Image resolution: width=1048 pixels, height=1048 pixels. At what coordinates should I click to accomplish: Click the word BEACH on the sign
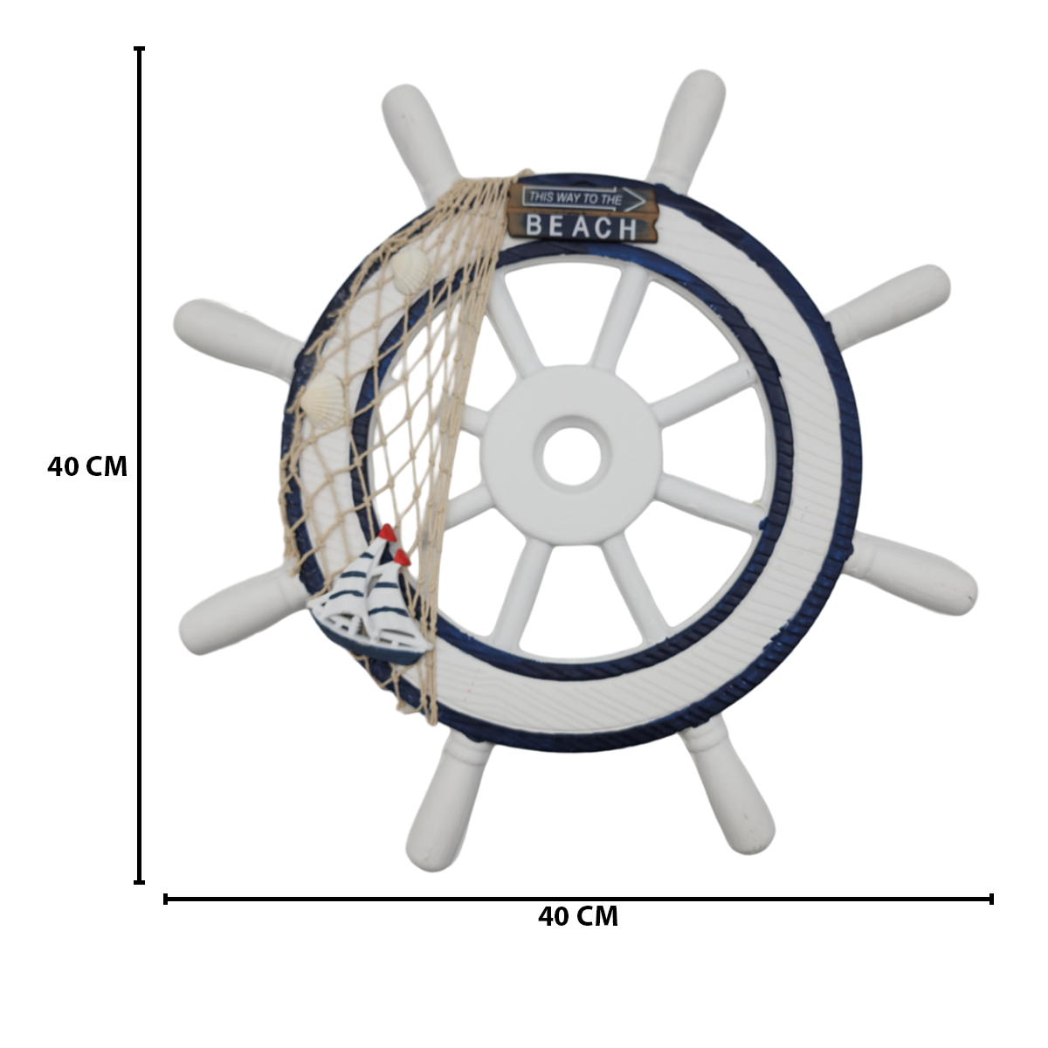click(x=582, y=226)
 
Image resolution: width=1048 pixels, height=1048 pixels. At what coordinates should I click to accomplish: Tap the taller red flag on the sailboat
click(x=388, y=533)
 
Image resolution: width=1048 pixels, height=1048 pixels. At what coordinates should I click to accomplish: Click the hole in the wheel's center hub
click(x=571, y=456)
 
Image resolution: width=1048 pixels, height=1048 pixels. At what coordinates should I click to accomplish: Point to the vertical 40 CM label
click(x=87, y=467)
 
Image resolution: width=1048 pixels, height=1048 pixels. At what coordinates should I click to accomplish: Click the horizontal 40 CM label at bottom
click(x=578, y=916)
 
